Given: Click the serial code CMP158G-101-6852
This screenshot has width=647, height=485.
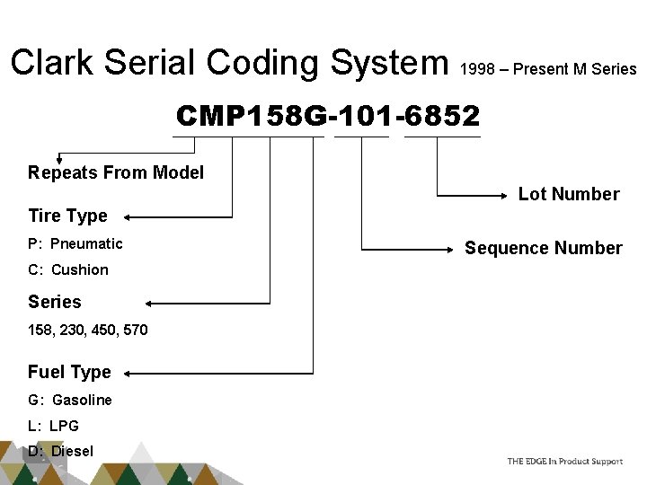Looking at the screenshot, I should pos(327,116).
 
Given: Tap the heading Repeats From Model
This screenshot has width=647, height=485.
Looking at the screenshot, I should pos(116,172).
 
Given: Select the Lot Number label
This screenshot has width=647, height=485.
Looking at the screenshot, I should pos(569,194).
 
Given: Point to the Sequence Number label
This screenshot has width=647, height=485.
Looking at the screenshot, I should pos(543,248).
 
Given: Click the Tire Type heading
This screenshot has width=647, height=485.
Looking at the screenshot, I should pos(67,216).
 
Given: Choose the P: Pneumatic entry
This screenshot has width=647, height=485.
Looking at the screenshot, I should pos(75,243).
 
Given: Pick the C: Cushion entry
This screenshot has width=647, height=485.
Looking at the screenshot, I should pos(68,269).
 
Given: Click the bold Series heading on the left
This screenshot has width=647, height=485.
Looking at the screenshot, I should pos(54,302).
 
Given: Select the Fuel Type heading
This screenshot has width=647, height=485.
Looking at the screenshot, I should pos(69,372).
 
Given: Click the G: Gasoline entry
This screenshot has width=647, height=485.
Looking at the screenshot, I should pos(70,400).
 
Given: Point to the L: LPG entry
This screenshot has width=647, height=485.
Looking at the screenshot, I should pos(53,426).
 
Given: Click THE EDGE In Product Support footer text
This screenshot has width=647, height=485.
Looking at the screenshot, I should pos(564,461).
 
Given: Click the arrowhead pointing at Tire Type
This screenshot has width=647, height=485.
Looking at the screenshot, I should pos(128,216).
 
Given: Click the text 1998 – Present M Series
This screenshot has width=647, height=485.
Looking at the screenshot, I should pos(547,69).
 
